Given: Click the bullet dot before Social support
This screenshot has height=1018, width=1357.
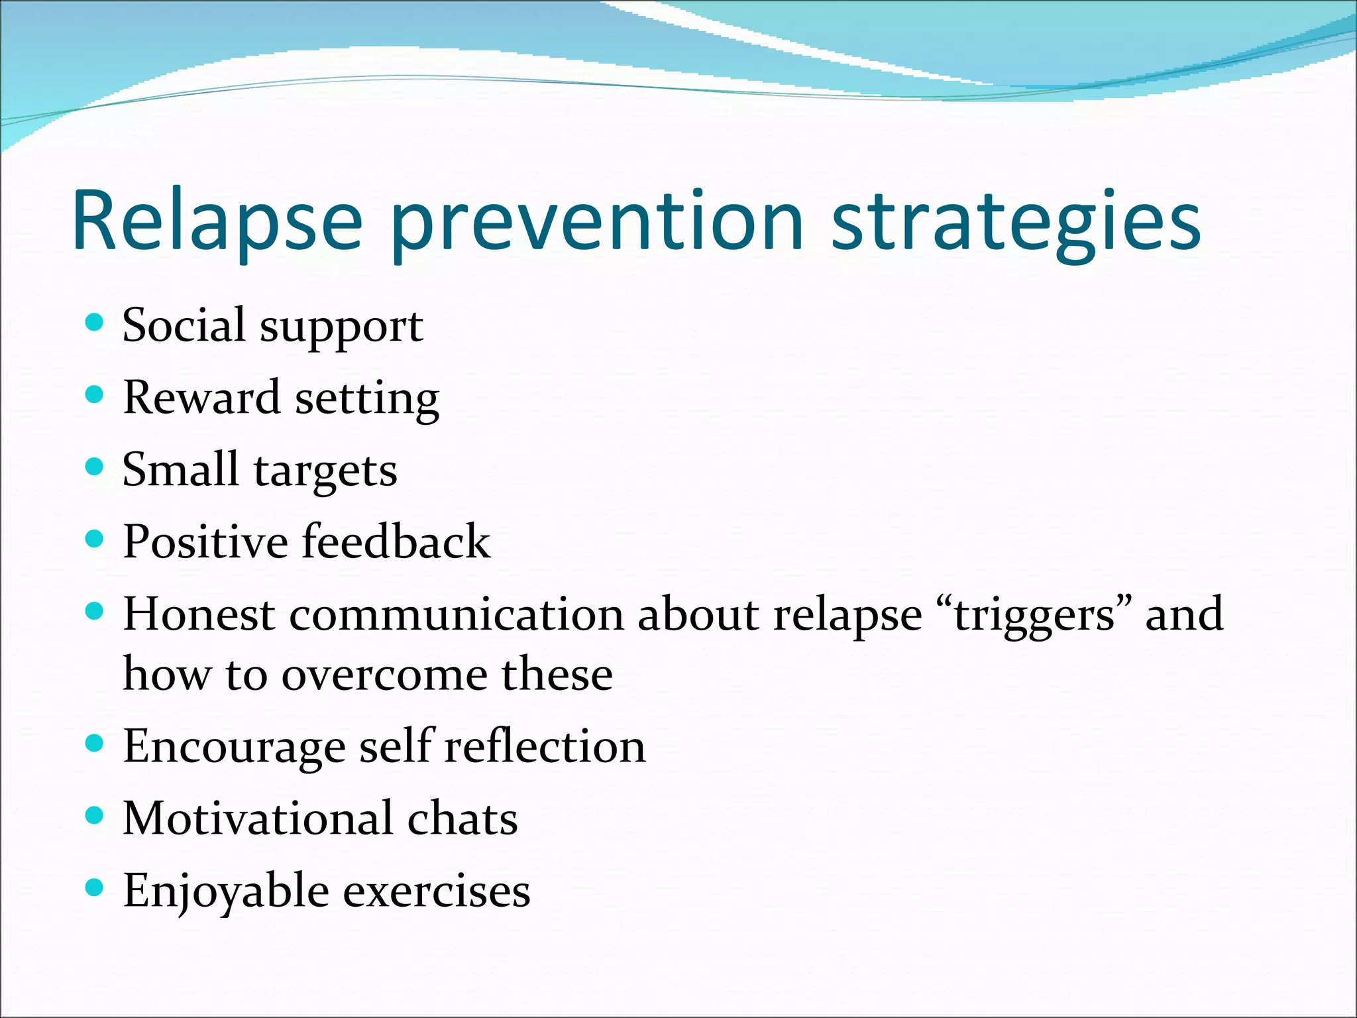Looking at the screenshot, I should (x=95, y=323).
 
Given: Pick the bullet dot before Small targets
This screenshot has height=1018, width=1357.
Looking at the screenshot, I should (x=95, y=467).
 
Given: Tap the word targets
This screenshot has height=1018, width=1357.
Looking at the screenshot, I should (x=325, y=472).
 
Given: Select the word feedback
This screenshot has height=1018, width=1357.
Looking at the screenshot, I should (x=396, y=541).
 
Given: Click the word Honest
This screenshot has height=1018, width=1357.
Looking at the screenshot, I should (x=199, y=614).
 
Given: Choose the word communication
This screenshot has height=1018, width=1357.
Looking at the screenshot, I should (x=456, y=614).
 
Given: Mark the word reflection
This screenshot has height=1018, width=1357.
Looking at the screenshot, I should (x=545, y=746).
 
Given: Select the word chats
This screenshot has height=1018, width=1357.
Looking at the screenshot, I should (x=462, y=819).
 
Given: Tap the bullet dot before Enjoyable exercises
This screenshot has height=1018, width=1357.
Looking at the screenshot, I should (x=95, y=887).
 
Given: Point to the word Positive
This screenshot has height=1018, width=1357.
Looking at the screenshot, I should (x=205, y=541).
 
